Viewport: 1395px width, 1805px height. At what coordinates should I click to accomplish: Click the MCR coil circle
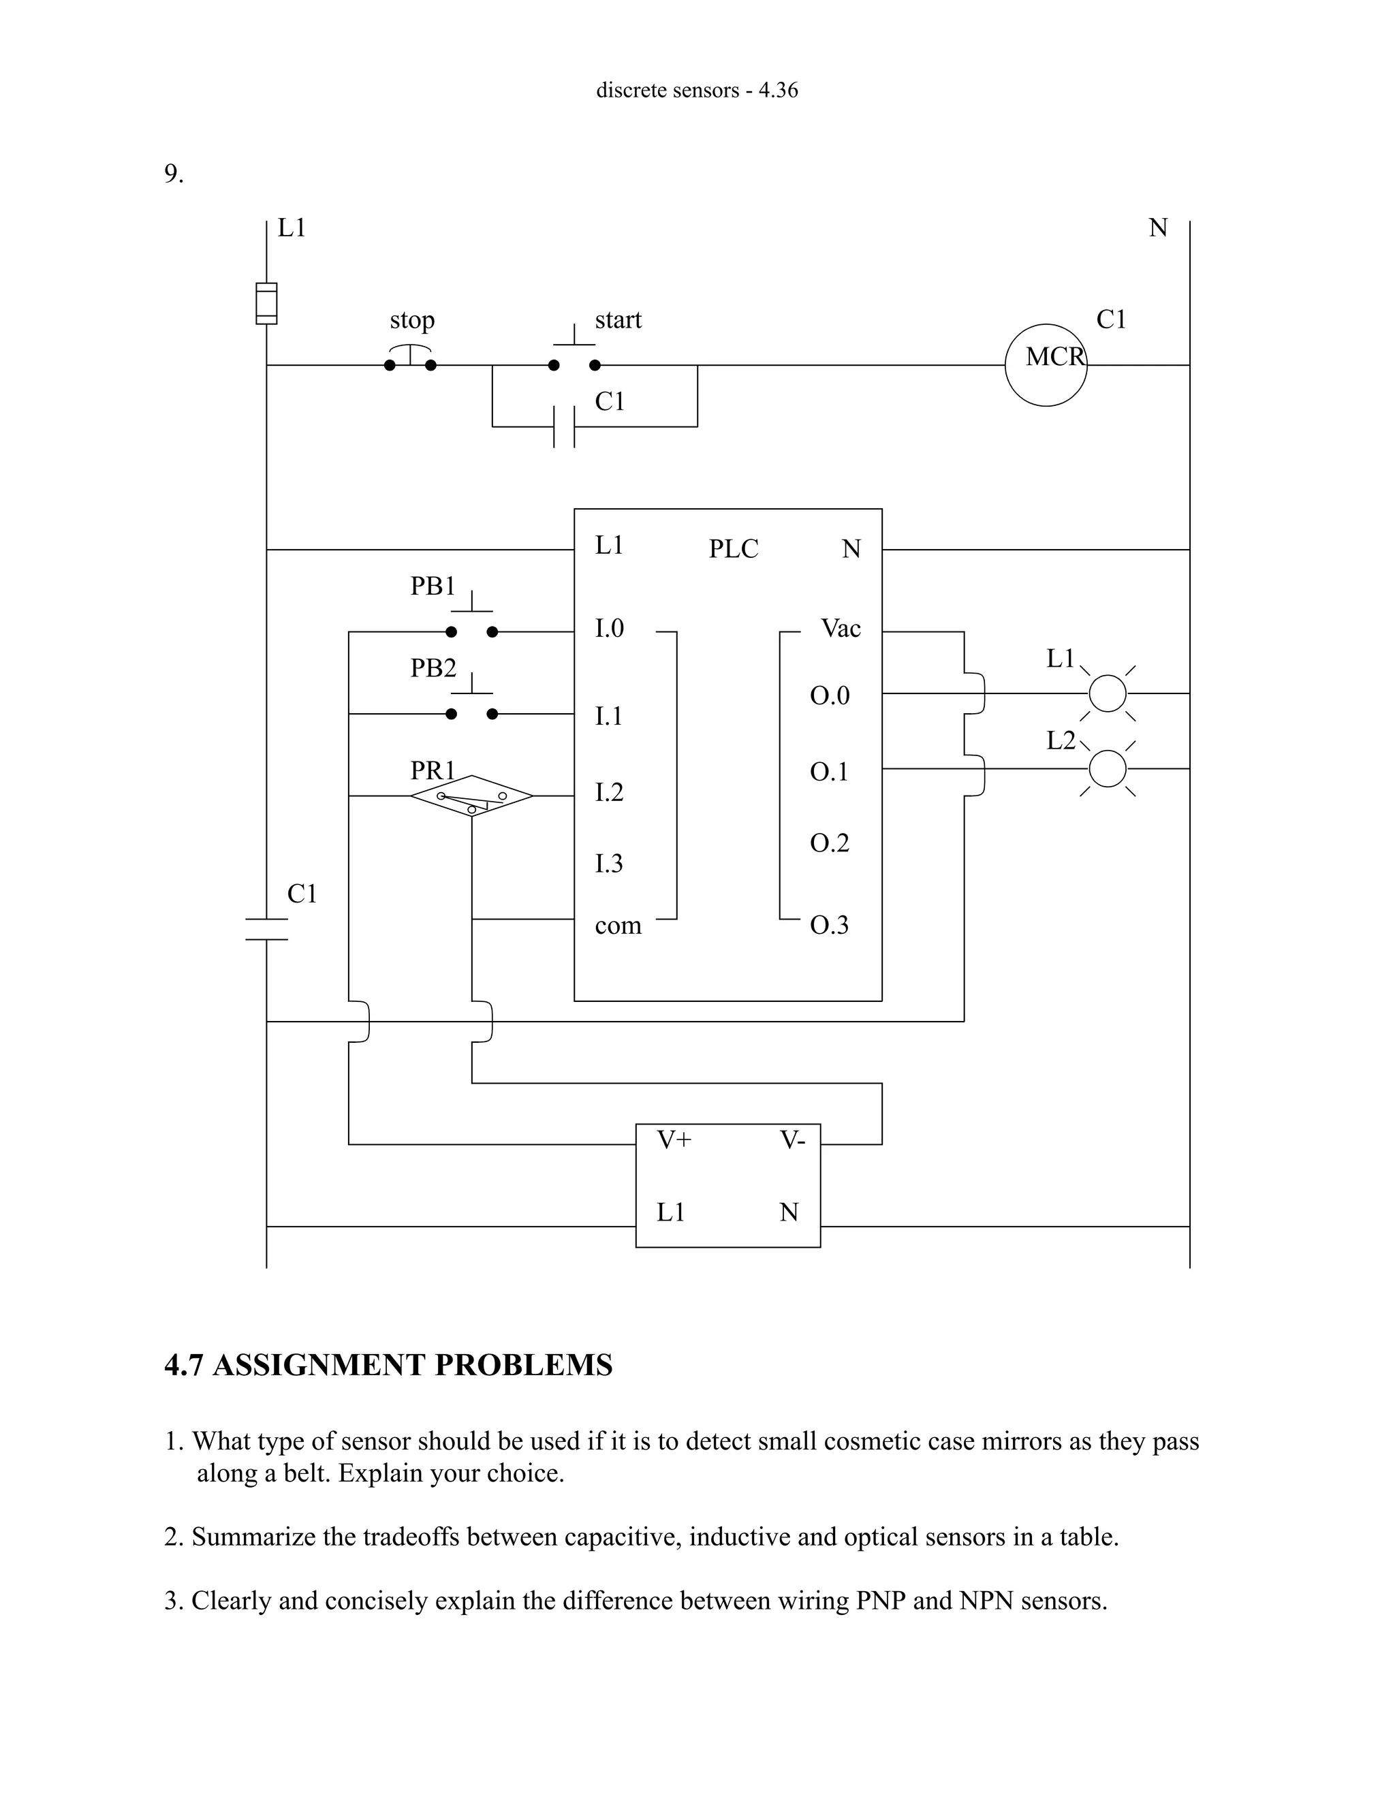coord(1046,364)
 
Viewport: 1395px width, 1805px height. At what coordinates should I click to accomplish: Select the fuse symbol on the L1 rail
coord(266,303)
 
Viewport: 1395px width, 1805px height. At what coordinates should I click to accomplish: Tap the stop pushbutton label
coord(411,320)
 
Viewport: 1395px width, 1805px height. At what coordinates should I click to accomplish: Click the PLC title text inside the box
coord(733,549)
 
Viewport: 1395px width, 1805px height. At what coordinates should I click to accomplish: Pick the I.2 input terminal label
coord(609,791)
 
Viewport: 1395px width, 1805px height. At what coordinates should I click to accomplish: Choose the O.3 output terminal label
coord(829,924)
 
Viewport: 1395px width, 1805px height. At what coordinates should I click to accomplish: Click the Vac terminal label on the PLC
coord(841,628)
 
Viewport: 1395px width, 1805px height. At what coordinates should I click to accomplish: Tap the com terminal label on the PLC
coord(617,925)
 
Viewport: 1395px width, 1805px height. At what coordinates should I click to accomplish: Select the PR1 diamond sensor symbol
coord(471,796)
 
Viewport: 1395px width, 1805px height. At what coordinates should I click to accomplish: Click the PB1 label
coord(433,586)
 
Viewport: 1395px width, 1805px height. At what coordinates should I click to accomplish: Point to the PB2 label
coord(433,668)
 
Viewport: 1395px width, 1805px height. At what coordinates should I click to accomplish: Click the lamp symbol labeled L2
coord(1108,768)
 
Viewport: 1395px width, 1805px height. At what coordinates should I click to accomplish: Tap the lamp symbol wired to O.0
coord(1108,693)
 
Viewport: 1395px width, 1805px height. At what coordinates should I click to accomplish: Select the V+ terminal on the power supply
coord(674,1140)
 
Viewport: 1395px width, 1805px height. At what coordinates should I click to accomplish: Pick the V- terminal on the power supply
coord(791,1140)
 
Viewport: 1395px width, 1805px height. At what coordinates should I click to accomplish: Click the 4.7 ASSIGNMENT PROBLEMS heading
coord(388,1365)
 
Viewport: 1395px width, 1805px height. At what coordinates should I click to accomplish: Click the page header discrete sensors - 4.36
coord(697,90)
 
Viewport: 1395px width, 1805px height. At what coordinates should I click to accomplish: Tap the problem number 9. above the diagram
coord(174,174)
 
